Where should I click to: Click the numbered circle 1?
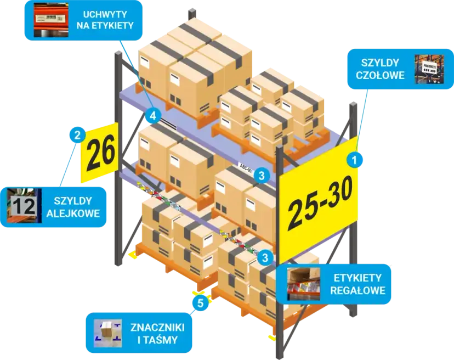pos(355,160)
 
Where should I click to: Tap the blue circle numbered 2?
pos(77,133)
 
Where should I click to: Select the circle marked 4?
pos(153,116)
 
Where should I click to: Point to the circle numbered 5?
pos(201,302)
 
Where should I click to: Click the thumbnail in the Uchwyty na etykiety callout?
pos(48,20)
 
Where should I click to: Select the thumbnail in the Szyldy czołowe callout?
pos(428,69)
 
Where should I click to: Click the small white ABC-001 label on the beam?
pos(246,164)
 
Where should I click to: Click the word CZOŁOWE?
pos(380,75)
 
